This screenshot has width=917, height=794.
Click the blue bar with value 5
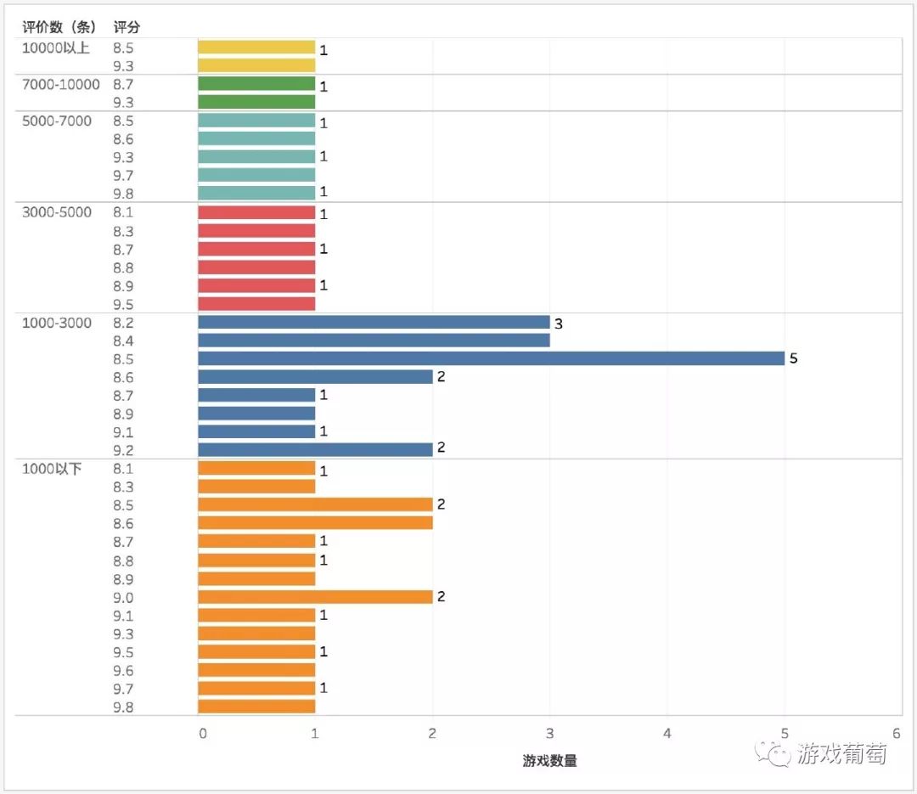(491, 358)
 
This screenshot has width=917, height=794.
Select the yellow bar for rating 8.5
(256, 48)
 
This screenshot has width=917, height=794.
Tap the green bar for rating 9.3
(256, 102)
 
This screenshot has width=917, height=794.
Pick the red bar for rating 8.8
(256, 267)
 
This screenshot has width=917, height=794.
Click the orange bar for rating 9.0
(315, 597)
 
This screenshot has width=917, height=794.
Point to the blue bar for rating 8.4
(374, 341)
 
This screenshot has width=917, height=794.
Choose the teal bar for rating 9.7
(256, 175)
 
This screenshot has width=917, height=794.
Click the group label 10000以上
(56, 48)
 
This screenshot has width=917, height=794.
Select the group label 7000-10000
(61, 84)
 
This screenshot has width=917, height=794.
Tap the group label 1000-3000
(57, 323)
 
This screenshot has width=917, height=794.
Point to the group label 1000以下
(52, 469)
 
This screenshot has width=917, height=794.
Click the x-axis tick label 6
(897, 733)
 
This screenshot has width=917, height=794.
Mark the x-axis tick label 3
(550, 733)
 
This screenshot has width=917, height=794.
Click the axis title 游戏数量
(549, 761)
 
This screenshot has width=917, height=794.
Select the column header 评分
(127, 27)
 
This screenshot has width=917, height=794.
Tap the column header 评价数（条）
(59, 27)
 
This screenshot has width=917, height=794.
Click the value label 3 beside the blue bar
(559, 324)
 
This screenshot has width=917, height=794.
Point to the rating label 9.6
(123, 671)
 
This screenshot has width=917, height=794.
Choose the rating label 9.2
(123, 451)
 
